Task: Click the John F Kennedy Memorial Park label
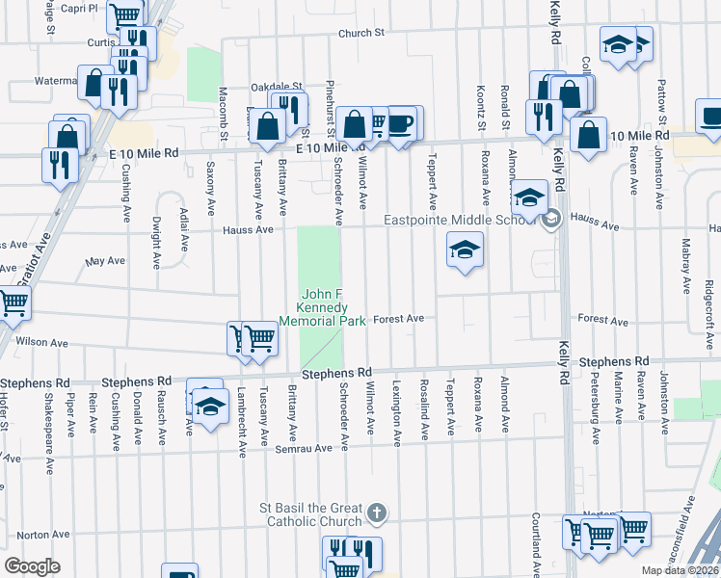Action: (x=322, y=307)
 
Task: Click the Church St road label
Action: (x=361, y=33)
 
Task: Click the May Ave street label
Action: (x=105, y=261)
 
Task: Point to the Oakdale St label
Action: (x=278, y=85)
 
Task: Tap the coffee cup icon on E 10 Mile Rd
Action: (x=402, y=122)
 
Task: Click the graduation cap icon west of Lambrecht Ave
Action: (x=209, y=404)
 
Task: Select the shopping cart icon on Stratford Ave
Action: (x=13, y=302)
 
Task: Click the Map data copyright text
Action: (x=681, y=570)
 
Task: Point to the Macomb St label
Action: (x=223, y=112)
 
